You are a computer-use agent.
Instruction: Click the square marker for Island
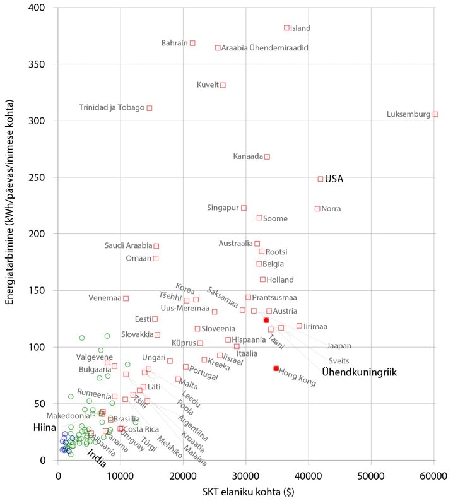click(x=286, y=28)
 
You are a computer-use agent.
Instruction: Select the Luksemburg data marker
click(x=435, y=114)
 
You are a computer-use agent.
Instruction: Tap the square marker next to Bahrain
click(x=192, y=43)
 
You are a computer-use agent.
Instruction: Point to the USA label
click(x=334, y=179)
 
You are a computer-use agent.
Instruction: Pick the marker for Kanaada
click(x=267, y=156)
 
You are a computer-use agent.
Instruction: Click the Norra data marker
click(x=317, y=208)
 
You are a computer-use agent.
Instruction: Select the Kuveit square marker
click(x=223, y=85)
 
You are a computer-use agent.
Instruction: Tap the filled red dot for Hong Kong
click(x=276, y=368)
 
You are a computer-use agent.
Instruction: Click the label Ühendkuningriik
click(x=359, y=373)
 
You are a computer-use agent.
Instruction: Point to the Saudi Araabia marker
click(x=156, y=245)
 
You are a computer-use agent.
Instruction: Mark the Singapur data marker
click(x=244, y=208)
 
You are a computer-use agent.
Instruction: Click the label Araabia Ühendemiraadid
click(x=264, y=48)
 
